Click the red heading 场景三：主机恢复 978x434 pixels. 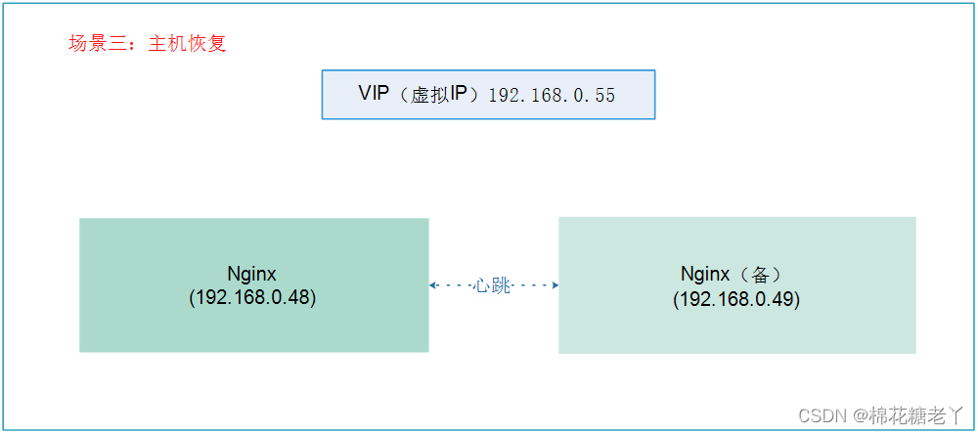click(148, 44)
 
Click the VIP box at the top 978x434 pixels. click(488, 95)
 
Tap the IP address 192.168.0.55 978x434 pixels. click(552, 95)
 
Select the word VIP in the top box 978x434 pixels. click(374, 94)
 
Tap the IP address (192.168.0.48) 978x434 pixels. click(252, 297)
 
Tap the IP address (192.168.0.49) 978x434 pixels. click(736, 299)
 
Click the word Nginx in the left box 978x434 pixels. click(252, 274)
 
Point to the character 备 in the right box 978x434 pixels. click(768, 275)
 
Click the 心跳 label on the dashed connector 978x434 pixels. click(493, 285)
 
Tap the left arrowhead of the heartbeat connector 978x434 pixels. click(433, 285)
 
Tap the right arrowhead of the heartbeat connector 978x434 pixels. click(555, 285)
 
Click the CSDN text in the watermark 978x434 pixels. click(821, 415)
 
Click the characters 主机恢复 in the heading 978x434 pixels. click(188, 44)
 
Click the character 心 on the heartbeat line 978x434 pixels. click(484, 285)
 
